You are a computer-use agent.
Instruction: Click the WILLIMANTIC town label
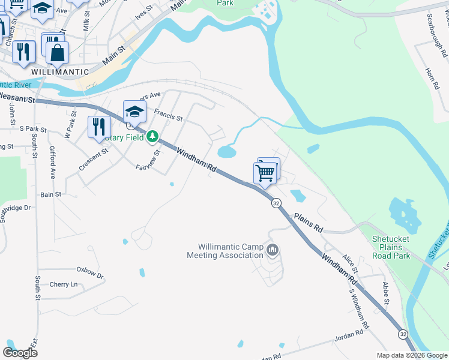pyautogui.click(x=59, y=71)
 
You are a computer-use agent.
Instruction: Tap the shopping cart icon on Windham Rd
pyautogui.click(x=265, y=173)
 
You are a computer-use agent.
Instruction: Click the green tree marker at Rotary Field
pyautogui.click(x=152, y=137)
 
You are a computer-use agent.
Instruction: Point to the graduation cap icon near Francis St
pyautogui.click(x=134, y=112)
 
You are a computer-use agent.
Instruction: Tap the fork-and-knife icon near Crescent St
pyautogui.click(x=99, y=127)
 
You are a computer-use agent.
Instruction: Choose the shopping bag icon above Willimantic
pyautogui.click(x=57, y=53)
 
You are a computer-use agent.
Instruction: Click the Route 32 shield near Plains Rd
pyautogui.click(x=276, y=203)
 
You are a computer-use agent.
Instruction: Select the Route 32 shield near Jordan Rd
pyautogui.click(x=403, y=334)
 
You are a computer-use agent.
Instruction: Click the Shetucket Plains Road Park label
pyautogui.click(x=391, y=247)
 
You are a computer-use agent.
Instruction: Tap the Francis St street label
pyautogui.click(x=167, y=113)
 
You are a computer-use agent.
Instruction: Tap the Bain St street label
pyautogui.click(x=50, y=194)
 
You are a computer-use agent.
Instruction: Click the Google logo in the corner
pyautogui.click(x=20, y=352)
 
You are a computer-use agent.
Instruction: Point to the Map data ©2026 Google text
pyautogui.click(x=411, y=355)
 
